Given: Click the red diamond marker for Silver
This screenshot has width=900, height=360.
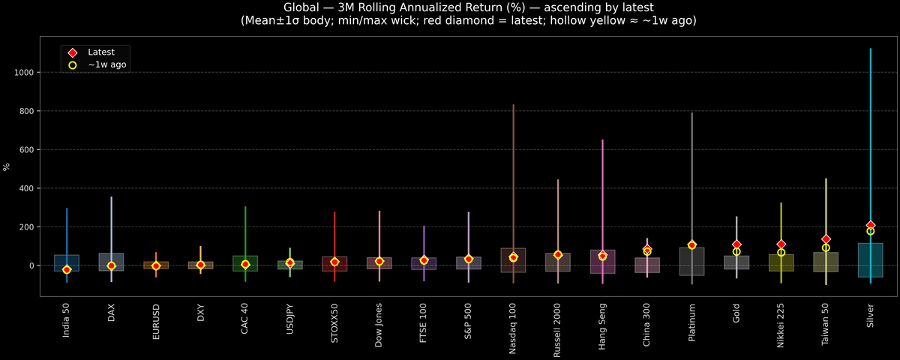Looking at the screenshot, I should tap(871, 225).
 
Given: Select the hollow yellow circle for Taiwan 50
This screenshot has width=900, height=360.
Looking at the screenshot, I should tap(826, 248).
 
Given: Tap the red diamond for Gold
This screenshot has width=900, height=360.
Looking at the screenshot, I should tap(736, 244).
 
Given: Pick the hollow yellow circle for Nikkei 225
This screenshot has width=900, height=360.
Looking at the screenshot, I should tap(781, 253).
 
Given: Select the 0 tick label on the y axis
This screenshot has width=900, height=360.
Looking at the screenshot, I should tap(33, 265).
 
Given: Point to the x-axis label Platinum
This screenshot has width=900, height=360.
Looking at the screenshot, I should tap(691, 321).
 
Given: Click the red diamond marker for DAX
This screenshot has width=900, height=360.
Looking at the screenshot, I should tap(111, 265).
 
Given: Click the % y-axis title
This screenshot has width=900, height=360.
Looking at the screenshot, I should tap(7, 166).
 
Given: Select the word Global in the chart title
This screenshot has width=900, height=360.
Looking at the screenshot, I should tap(302, 7).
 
